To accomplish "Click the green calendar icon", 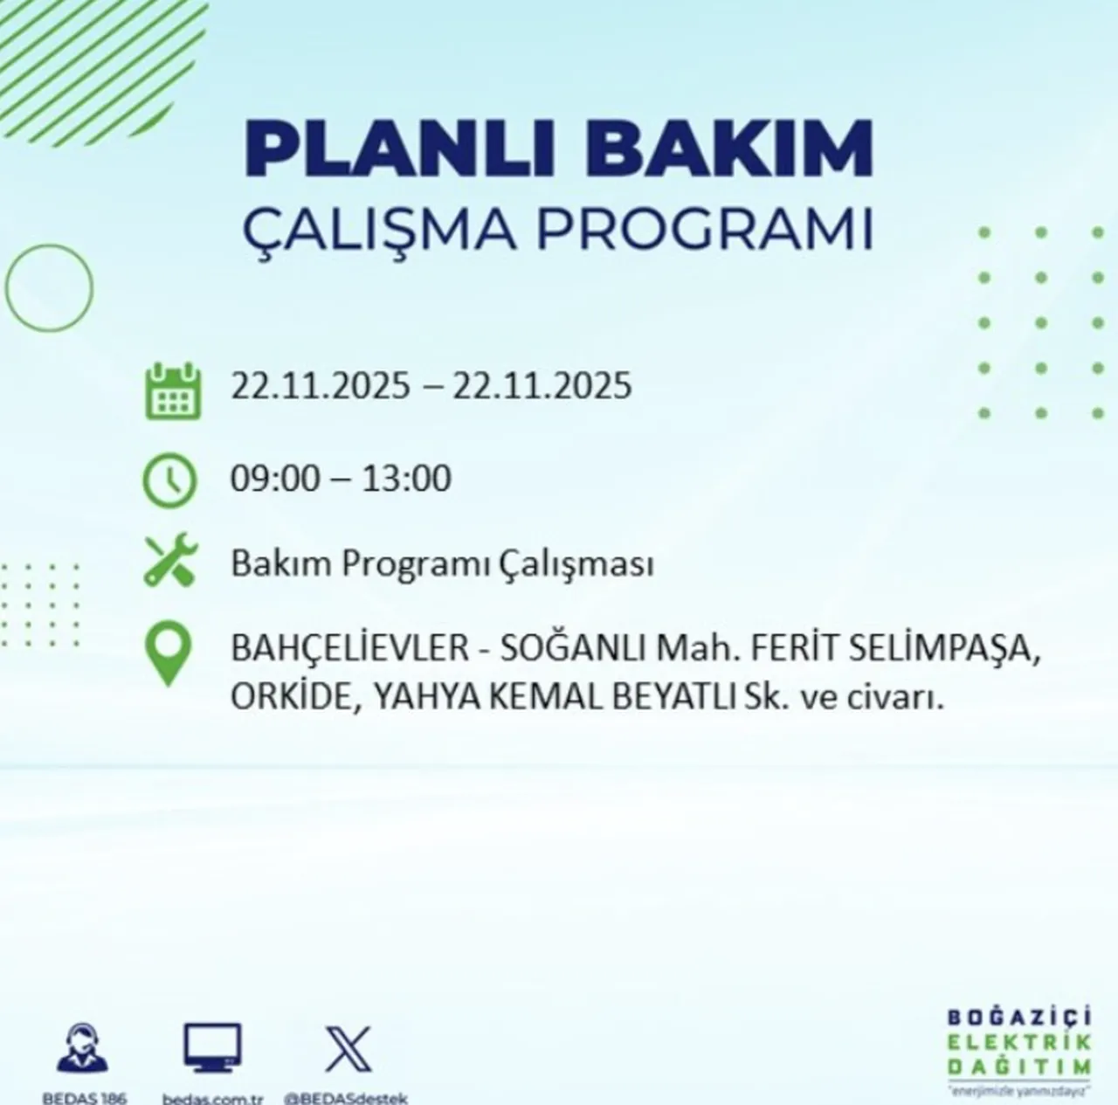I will coord(172,390).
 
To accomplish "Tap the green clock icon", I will coord(170,480).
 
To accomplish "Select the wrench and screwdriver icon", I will coord(171,562).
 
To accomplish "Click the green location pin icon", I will coord(168,654).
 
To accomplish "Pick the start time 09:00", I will coord(275,479).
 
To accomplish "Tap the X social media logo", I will coord(348,1049).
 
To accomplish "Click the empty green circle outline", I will coord(49,286).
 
